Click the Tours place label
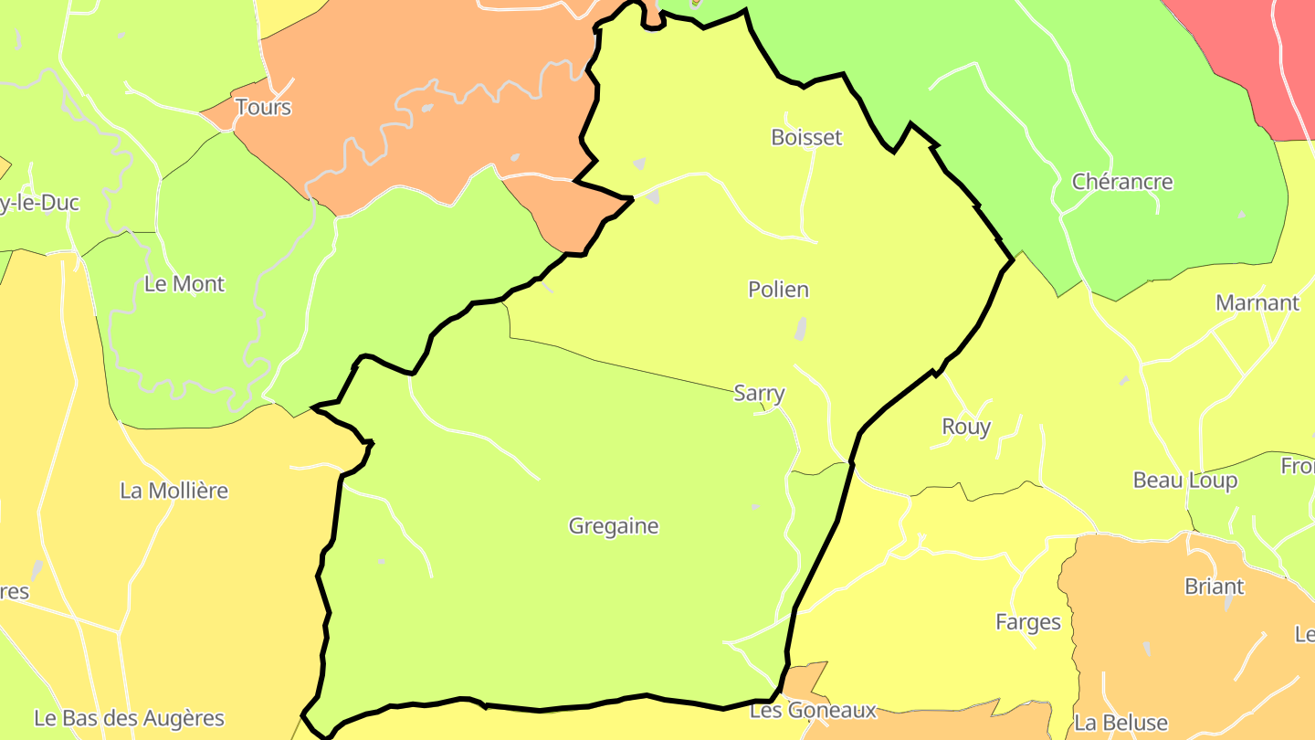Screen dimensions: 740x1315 pos(263,107)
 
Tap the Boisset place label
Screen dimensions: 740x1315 pos(806,137)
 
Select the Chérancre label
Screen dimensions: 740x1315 pos(1122,181)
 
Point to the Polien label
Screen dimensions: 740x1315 pos(778,290)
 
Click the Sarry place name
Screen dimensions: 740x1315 pos(759,393)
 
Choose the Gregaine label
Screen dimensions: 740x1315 pos(613,526)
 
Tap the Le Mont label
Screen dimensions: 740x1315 pos(184,284)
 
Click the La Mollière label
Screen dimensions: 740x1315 pos(174,491)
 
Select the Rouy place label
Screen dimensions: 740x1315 pos(966,427)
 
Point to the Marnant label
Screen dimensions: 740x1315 pos(1257,302)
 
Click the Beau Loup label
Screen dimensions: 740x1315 pos(1184,481)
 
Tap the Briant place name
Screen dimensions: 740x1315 pos(1214,587)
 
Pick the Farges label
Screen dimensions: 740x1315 pos(1028,622)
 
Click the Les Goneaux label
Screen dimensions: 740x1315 pos(813,710)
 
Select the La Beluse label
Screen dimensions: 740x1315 pos(1120,723)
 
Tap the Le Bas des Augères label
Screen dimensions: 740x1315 pos(129,718)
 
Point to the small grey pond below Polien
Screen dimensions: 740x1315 pos(801,329)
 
